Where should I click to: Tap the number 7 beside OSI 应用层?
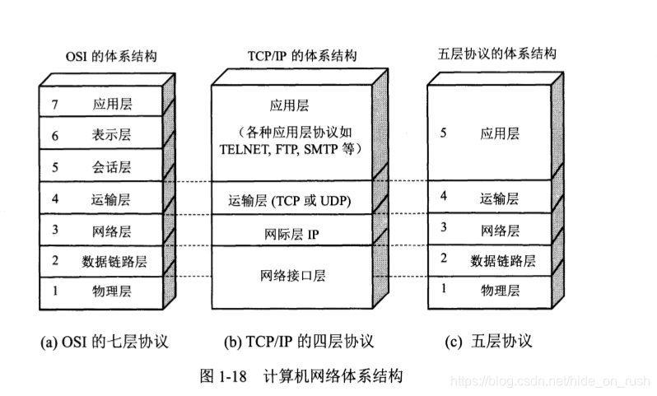pos(54,105)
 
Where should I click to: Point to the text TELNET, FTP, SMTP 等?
pos(292,149)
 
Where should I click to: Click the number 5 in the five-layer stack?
pos(444,132)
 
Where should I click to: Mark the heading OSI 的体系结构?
pos(110,56)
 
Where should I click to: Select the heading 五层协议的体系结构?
pos(497,54)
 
